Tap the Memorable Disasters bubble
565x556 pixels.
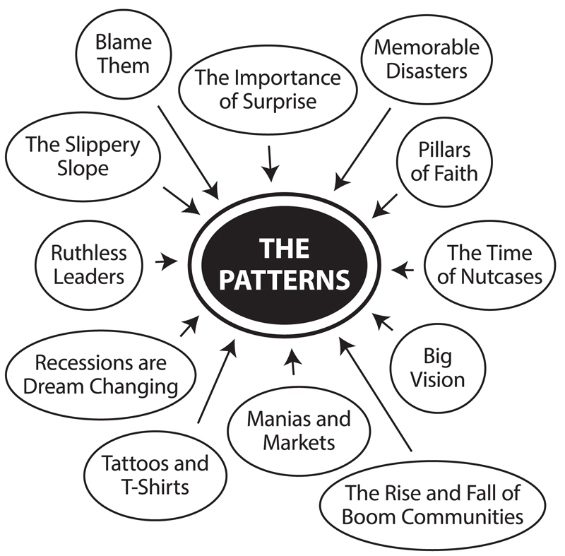click(426, 59)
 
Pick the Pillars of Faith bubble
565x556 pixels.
click(444, 162)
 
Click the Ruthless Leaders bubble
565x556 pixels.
click(89, 264)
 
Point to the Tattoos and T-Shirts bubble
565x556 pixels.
click(156, 474)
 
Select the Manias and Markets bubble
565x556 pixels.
click(298, 430)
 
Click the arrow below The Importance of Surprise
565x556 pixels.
click(270, 163)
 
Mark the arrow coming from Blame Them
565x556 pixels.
click(187, 150)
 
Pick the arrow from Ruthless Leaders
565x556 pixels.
click(167, 261)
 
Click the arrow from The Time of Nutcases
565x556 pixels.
click(402, 269)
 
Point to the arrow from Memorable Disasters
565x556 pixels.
click(363, 148)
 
